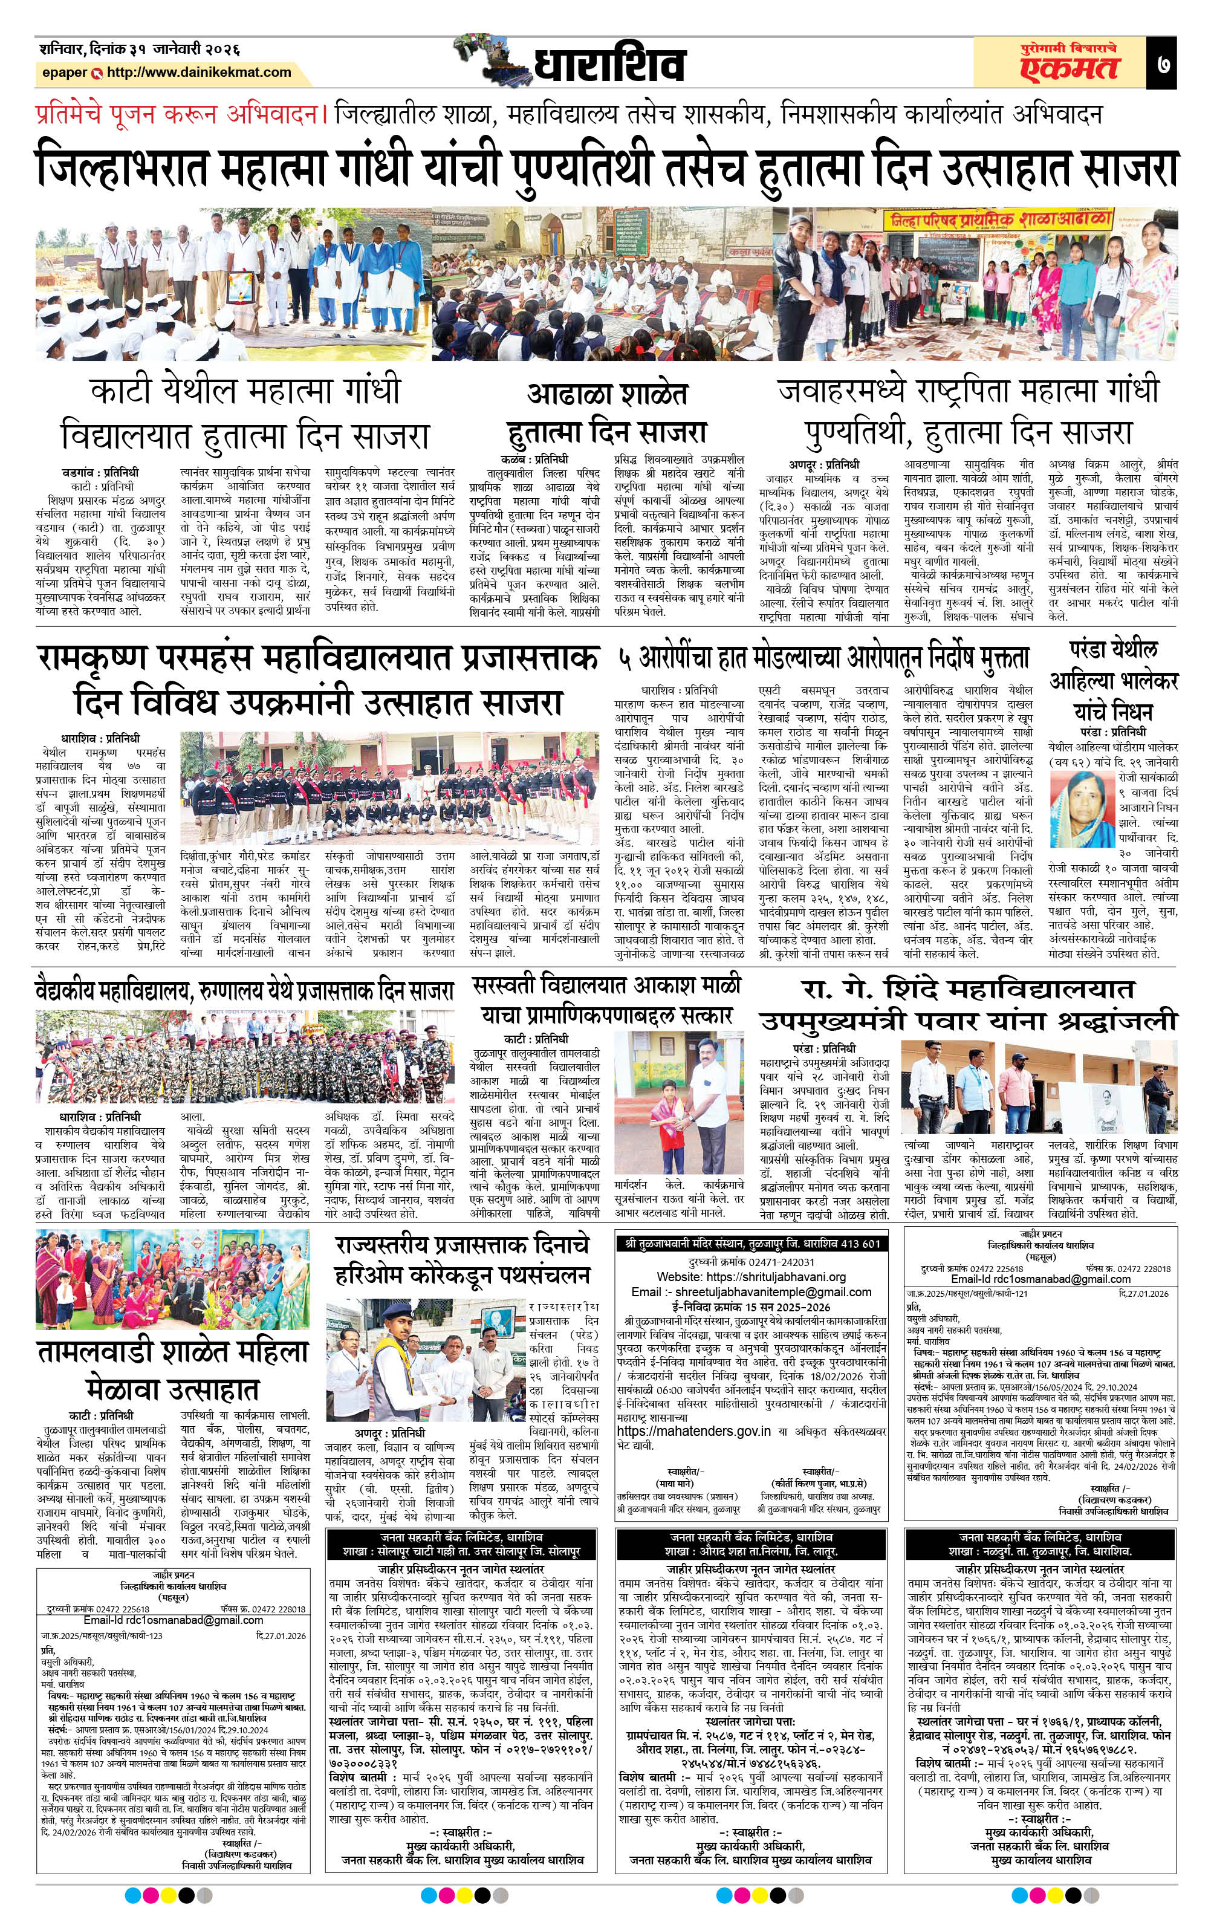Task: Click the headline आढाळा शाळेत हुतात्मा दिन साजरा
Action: pyautogui.click(x=607, y=413)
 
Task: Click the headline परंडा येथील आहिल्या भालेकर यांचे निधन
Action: pyautogui.click(x=1113, y=681)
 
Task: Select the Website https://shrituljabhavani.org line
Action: pyautogui.click(x=751, y=1276)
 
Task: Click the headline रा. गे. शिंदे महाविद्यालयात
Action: pyautogui.click(x=968, y=989)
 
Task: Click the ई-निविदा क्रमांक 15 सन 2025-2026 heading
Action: pyautogui.click(x=751, y=1308)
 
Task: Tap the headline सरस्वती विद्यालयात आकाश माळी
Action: pyautogui.click(x=606, y=985)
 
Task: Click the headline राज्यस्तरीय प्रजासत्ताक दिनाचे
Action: pyautogui.click(x=463, y=1245)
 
